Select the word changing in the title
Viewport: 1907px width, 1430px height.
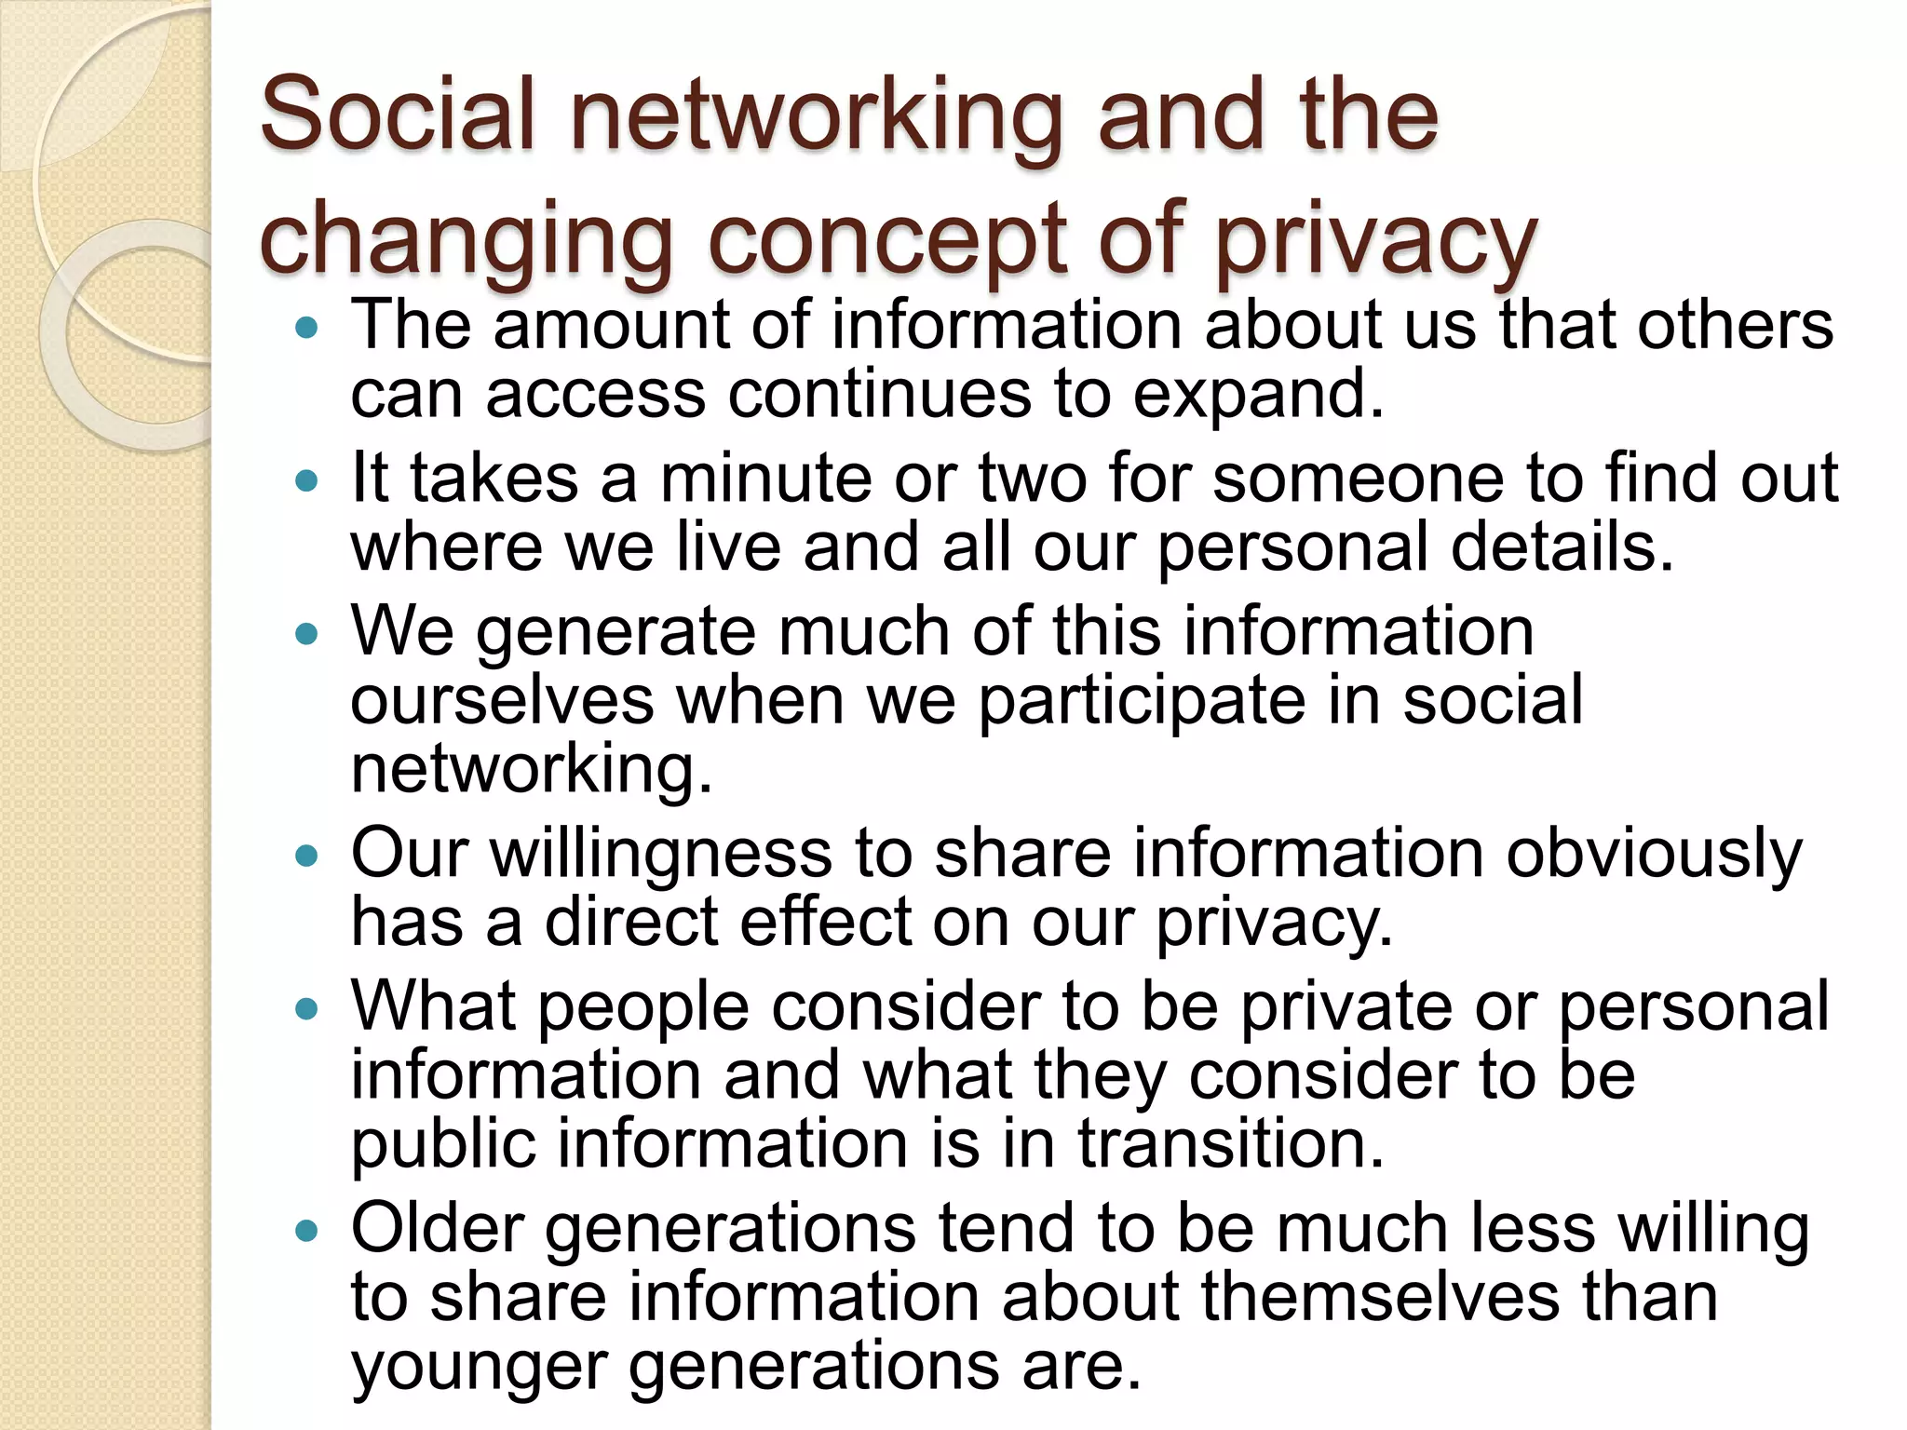[466, 240]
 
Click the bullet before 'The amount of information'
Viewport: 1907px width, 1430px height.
[305, 328]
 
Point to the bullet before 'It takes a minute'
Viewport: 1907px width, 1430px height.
[305, 481]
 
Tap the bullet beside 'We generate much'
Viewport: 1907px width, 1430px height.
[305, 635]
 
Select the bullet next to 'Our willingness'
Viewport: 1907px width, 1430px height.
[305, 856]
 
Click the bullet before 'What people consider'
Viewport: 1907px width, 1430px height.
[305, 1009]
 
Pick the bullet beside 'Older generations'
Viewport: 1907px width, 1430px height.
[305, 1232]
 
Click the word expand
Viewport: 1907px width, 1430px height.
[1257, 396]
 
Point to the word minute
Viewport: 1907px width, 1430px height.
[765, 479]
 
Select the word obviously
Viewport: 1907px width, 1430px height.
[1654, 855]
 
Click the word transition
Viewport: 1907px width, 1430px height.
[1231, 1143]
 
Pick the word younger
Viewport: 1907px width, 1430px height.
[478, 1367]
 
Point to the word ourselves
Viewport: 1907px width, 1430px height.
[502, 700]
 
